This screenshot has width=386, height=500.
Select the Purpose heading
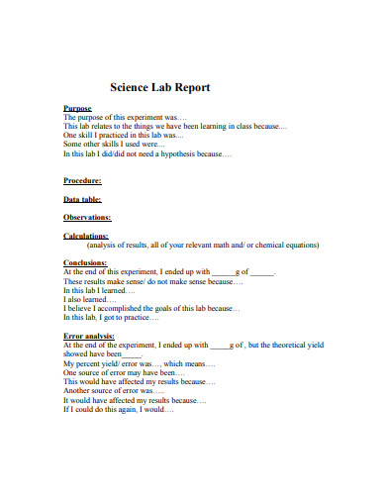[77, 108]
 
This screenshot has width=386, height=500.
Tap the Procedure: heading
[82, 181]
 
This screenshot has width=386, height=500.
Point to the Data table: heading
[84, 199]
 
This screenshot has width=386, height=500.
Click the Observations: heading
[87, 217]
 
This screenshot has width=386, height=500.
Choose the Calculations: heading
[86, 236]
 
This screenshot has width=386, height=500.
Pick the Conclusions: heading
[85, 262]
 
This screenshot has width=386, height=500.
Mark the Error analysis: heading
[88, 337]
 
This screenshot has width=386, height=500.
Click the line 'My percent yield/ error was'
[133, 363]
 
